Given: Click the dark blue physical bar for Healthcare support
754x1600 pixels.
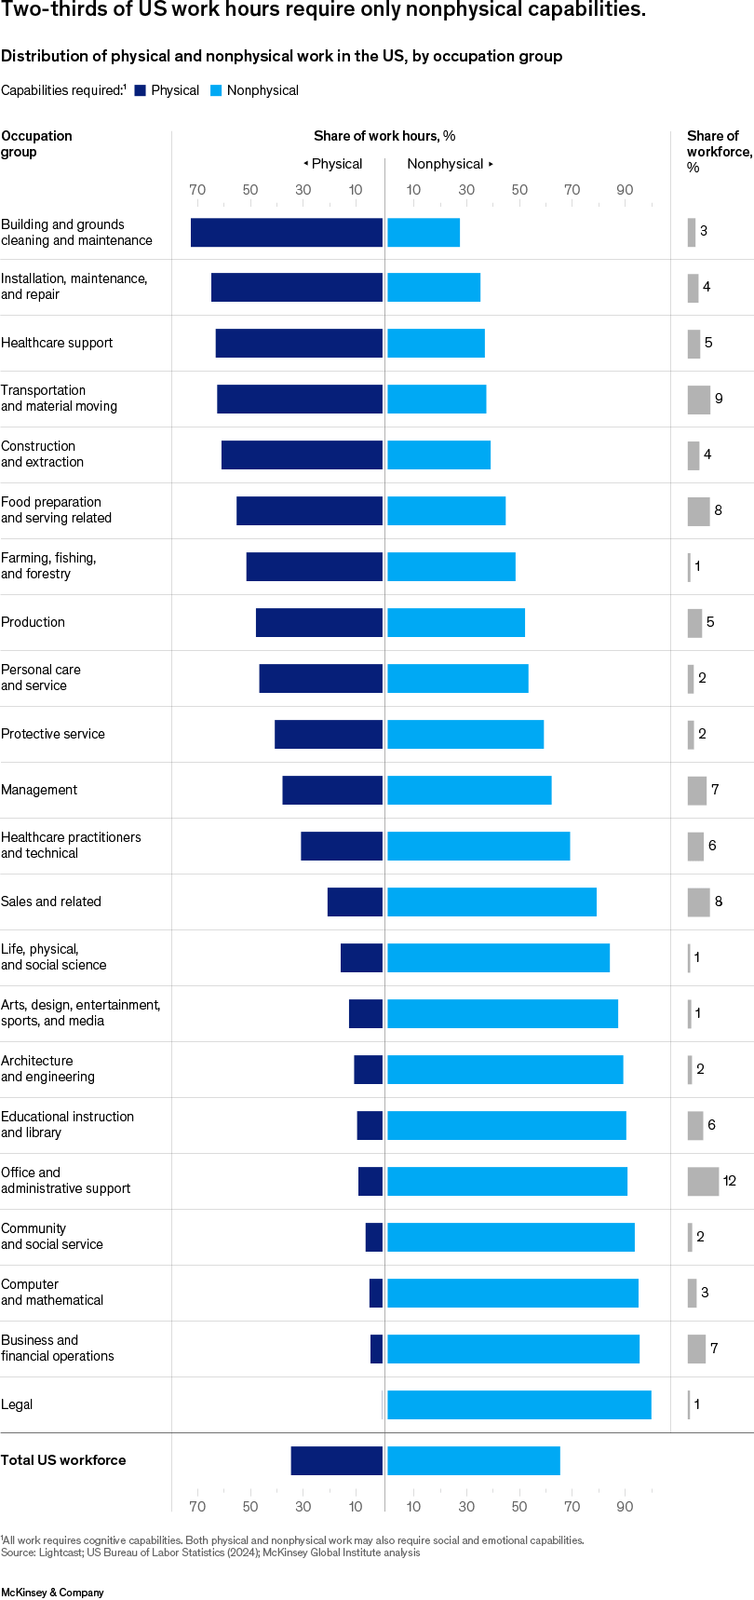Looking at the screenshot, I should (x=299, y=343).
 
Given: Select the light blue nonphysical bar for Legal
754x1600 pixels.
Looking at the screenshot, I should (x=518, y=1404).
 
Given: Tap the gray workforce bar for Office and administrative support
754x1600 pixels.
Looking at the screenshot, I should (x=703, y=1181).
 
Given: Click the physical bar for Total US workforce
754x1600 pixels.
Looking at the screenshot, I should (x=336, y=1460).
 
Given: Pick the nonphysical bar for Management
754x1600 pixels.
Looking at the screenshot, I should (x=469, y=790).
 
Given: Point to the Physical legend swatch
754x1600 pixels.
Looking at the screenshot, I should (x=141, y=90).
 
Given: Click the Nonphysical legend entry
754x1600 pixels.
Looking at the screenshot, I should (x=262, y=90).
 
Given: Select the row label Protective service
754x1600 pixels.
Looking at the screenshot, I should (x=53, y=734).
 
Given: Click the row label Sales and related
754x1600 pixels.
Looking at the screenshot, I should (x=51, y=902).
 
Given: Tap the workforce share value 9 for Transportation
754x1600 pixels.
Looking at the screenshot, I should (x=719, y=399).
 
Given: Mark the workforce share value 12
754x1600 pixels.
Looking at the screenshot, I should (x=730, y=1181).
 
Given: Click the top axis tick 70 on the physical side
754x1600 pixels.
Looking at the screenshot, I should (x=197, y=190).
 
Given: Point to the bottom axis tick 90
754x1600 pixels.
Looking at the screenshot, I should (x=625, y=1506).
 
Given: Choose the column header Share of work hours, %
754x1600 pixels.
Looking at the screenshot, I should (x=384, y=136).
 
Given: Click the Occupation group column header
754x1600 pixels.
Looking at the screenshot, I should (x=36, y=143).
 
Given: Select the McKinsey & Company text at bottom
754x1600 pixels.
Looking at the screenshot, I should (x=52, y=1593).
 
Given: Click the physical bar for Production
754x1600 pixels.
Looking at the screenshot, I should (x=319, y=622).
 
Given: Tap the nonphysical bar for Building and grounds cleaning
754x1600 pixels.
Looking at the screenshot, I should (x=424, y=232).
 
